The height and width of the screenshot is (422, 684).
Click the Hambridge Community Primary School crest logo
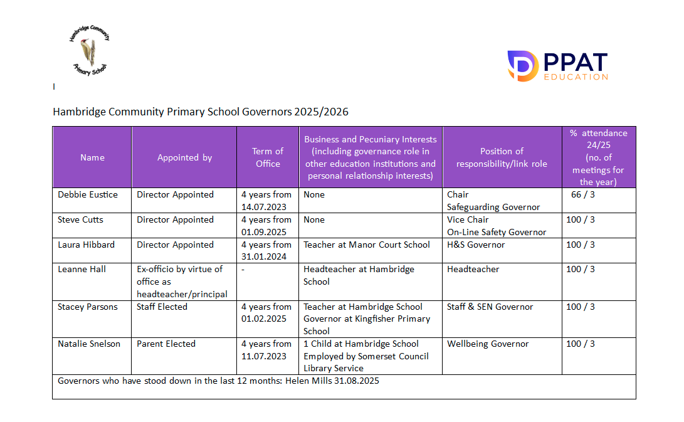pyautogui.click(x=89, y=51)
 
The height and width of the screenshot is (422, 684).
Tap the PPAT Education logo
pyautogui.click(x=557, y=66)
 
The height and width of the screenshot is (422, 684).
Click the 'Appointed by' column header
pyautogui.click(x=184, y=157)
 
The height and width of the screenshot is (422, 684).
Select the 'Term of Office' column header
pyautogui.click(x=268, y=157)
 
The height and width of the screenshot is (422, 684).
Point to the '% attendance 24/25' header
pyautogui.click(x=599, y=157)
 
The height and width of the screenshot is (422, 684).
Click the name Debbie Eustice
pyautogui.click(x=88, y=194)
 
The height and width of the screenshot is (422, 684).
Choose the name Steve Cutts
pyautogui.click(x=80, y=219)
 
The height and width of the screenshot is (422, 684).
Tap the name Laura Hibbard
pyautogui.click(x=86, y=245)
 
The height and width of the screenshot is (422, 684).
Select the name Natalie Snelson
pyautogui.click(x=89, y=344)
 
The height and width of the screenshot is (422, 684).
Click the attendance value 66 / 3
pyautogui.click(x=581, y=194)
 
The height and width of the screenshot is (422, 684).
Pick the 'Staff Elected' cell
pyautogui.click(x=162, y=307)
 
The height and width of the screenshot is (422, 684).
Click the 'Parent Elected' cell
pyautogui.click(x=166, y=344)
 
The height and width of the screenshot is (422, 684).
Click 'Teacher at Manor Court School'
pyautogui.click(x=367, y=245)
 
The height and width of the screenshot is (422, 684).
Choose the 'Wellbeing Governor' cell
pyautogui.click(x=488, y=344)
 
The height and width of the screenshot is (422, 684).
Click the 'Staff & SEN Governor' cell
pyautogui.click(x=490, y=307)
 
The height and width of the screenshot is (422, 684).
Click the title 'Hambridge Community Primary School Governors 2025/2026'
pyautogui.click(x=201, y=112)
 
